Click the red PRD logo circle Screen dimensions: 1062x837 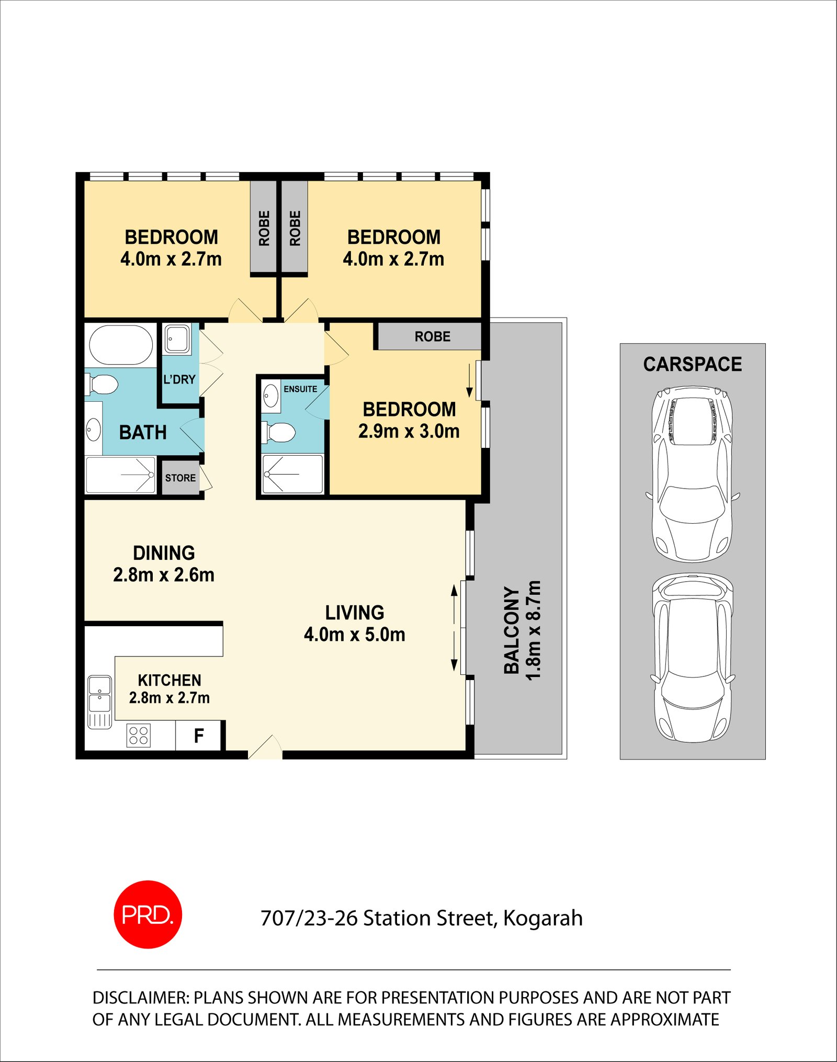148,914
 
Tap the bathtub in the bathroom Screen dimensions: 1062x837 121,345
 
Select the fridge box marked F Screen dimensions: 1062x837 198,736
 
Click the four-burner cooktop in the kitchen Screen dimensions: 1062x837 139,735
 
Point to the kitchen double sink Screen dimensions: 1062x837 99,693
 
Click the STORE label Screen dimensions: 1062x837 180,478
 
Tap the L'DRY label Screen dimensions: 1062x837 179,379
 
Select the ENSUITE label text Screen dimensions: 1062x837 300,389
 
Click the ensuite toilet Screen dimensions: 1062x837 280,433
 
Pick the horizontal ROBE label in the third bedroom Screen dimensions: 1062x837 432,336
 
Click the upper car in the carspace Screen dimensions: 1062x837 692,473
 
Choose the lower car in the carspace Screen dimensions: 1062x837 692,658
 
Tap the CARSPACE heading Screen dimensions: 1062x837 692,364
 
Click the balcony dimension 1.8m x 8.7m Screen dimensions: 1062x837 533,630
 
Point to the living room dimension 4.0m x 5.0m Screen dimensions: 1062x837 354,635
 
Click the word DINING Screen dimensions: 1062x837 164,553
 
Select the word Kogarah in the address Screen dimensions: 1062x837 542,918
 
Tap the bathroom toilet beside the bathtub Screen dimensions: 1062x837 103,385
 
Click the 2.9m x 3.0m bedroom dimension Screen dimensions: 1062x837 409,431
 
